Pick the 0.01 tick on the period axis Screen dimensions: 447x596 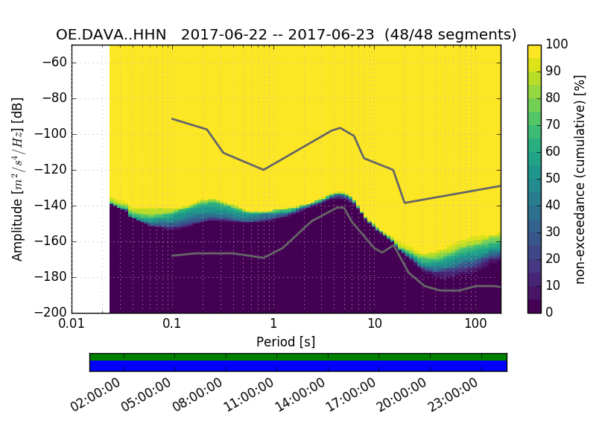(72, 324)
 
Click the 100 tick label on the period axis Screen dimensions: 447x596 (475, 324)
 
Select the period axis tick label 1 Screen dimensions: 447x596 (273, 324)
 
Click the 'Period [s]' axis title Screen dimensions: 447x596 (285, 342)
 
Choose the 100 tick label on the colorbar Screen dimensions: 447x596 (557, 45)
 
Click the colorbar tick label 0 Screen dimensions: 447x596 (550, 312)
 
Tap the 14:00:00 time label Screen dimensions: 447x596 (299, 396)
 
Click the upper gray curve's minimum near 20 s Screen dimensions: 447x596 (405, 203)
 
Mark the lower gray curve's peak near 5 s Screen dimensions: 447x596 (342, 207)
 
